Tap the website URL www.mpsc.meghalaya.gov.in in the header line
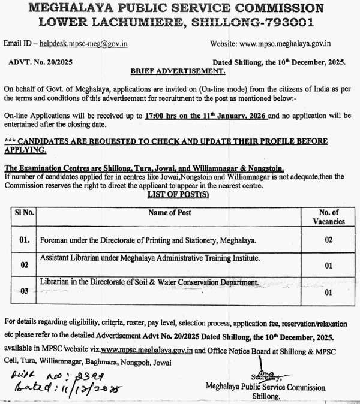pos(293,44)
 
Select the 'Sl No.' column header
pos(25,212)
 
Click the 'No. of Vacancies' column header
pos(328,216)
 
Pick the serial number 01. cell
pos(25,240)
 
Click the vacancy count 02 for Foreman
pos(328,240)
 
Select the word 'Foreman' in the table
pos(56,240)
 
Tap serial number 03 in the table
pos(25,291)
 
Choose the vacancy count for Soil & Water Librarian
pos(328,293)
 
